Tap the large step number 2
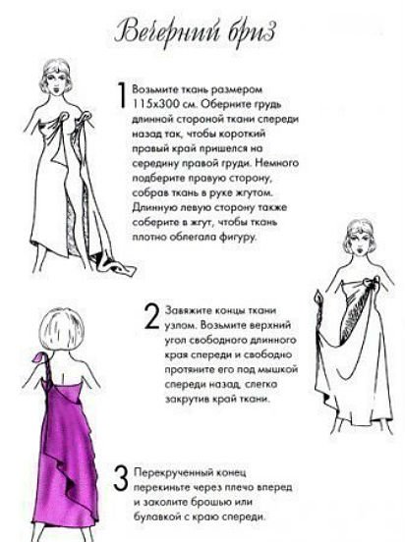151,314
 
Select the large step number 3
120,478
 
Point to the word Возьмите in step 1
155,86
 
